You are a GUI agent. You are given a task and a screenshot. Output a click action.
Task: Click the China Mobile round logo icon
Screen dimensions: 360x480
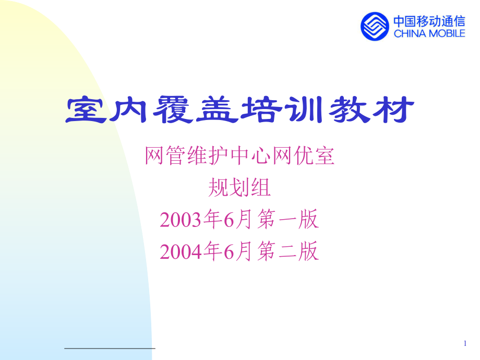tap(375, 26)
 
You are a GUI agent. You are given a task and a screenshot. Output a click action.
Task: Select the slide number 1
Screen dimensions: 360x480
tap(465, 343)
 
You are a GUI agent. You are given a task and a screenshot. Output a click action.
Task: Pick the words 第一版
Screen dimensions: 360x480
tap(287, 220)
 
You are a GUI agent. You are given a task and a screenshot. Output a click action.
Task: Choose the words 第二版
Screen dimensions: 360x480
tap(287, 252)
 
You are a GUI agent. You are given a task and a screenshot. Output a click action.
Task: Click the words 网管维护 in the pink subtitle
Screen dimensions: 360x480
tap(176, 156)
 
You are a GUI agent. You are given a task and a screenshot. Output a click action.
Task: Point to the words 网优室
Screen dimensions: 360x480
tap(303, 156)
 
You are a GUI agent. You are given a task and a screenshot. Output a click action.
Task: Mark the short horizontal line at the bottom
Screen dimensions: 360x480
tap(110, 347)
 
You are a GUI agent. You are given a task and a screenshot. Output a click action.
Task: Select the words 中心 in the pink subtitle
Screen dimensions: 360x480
tap(239, 156)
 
